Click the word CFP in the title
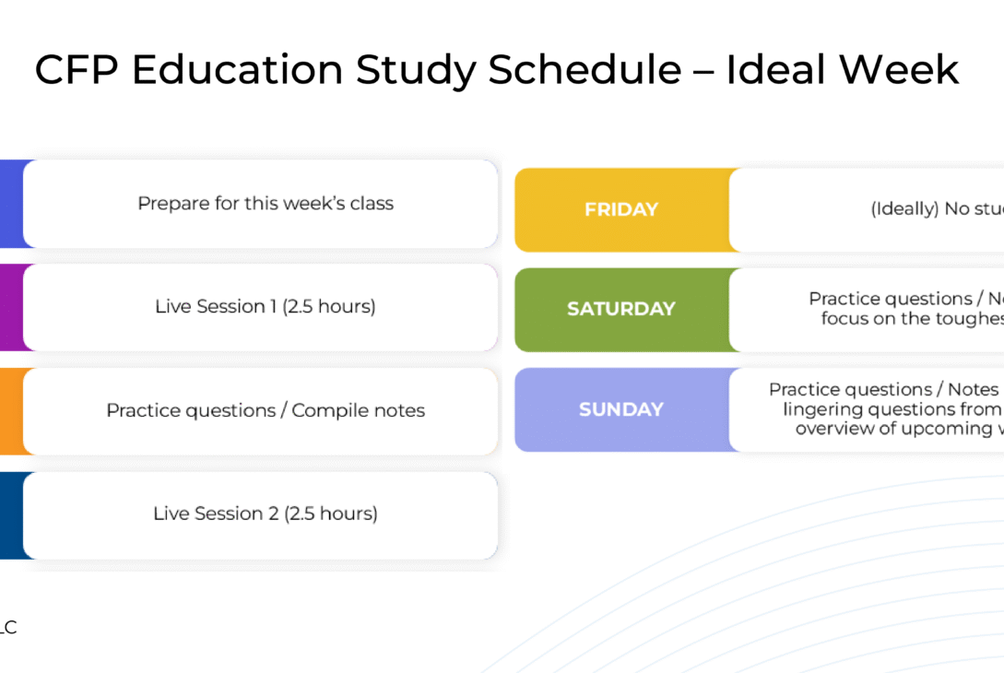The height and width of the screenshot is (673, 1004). tap(77, 71)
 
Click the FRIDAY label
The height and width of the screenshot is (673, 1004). tap(620, 210)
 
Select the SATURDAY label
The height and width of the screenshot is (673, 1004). tap(620, 310)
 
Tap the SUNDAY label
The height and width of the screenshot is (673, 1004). tap(620, 409)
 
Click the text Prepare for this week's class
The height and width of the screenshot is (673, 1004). tap(266, 204)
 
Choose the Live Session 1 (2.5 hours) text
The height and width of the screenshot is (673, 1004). tap(266, 307)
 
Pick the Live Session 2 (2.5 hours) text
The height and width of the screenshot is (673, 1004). tap(266, 514)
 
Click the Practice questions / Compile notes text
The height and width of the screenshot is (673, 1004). tap(266, 410)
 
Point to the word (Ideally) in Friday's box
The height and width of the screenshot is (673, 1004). tap(905, 209)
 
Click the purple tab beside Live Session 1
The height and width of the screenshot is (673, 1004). tap(10, 307)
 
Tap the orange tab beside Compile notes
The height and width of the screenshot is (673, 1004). tap(10, 411)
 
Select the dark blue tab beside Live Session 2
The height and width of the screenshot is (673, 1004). tap(10, 515)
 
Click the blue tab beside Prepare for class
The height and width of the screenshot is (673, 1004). tap(10, 204)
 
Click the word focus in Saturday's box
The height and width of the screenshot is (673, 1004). tap(846, 319)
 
